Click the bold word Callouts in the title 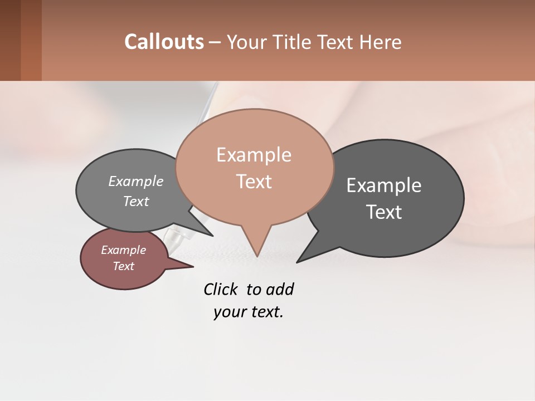(x=164, y=42)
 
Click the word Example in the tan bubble (x=254, y=155)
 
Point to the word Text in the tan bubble (x=254, y=182)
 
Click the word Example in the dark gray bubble (x=383, y=185)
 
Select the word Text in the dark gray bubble (x=385, y=212)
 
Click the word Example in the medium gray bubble (x=135, y=182)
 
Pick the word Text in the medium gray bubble (x=135, y=201)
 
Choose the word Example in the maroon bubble (x=123, y=250)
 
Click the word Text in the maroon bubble (x=123, y=266)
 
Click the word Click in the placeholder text (x=220, y=289)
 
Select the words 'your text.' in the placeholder (x=248, y=312)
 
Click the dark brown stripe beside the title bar (x=10, y=40)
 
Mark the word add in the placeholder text (x=279, y=289)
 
